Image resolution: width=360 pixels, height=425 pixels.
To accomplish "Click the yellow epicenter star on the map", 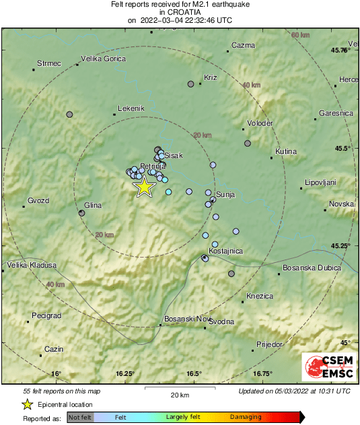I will pos(144,187).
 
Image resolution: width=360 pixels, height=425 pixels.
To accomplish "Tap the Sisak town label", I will pos(174,155).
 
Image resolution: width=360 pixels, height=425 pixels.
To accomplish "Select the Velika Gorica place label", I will pos(104,59).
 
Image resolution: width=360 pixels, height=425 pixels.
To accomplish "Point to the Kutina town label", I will pos(286,152).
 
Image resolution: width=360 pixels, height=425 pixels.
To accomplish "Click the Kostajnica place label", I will pos(225,251).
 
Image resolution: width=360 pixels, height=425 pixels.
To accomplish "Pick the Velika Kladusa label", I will pos(32,266).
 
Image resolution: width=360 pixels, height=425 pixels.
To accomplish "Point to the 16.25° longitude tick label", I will pos(126,373).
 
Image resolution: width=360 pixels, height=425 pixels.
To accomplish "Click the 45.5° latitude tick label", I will pos(343,149).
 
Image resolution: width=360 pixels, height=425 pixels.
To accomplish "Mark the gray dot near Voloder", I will pos(248,143).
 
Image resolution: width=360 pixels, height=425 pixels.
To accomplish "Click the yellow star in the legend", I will pos(28,404).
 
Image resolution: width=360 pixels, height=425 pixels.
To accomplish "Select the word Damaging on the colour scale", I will pos(246,417).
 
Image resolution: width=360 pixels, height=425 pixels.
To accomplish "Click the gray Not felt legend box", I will pos(81,417).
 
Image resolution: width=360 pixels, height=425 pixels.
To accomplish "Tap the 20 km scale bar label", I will pos(180,394).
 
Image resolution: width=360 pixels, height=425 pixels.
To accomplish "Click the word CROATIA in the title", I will pos(180,12).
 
